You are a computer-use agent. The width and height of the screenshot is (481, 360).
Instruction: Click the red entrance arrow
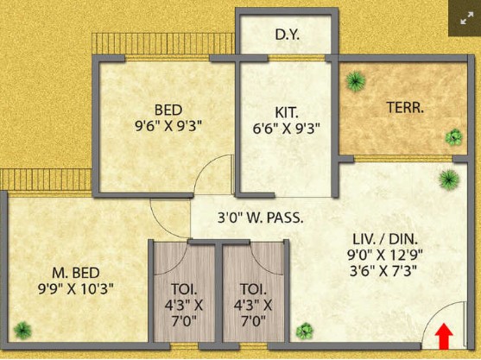point(444,336)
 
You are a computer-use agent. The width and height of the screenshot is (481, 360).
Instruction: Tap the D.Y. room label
point(287,35)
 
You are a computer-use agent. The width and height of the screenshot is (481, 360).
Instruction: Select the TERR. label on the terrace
point(405,107)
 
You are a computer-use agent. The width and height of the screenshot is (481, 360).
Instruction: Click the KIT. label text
point(287,112)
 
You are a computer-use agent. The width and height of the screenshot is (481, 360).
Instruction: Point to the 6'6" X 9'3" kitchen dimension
point(287,129)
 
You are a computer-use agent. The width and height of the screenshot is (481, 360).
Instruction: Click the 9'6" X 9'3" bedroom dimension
point(168,126)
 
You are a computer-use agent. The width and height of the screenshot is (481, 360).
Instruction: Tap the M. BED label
point(76,273)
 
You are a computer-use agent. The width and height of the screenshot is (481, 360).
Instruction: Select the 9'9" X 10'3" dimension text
point(76,288)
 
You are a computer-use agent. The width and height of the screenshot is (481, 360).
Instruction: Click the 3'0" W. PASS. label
point(261,218)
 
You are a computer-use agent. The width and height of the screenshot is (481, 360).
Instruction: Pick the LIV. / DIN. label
point(385,239)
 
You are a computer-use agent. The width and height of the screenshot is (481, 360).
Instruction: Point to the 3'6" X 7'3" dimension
point(383,271)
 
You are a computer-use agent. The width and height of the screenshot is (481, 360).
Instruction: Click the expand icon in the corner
point(466,18)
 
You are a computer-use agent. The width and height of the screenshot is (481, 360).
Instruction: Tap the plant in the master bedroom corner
point(22,331)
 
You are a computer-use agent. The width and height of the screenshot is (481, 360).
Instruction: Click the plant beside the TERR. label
point(356,81)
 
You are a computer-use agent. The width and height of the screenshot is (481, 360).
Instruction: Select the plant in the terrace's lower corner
point(453,137)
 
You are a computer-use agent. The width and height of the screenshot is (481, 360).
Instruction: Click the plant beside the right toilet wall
point(305,332)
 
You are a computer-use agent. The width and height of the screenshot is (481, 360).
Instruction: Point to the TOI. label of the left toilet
point(184,289)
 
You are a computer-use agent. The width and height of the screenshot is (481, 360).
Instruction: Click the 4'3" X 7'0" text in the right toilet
point(253,313)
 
